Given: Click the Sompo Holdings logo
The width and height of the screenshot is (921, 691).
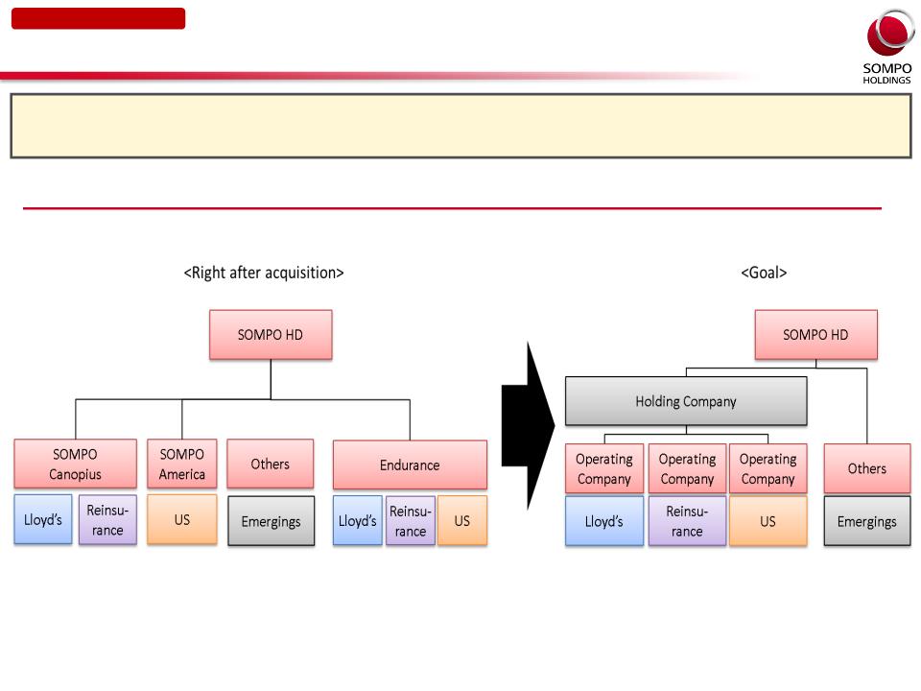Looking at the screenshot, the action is tap(887, 47).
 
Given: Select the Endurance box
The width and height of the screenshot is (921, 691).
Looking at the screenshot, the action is tap(410, 465).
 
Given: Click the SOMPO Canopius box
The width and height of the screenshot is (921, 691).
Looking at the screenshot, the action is tap(75, 464).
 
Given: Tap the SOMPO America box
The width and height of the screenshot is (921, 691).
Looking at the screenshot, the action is tap(182, 464).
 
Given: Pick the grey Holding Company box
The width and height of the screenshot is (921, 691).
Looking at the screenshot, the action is tap(686, 401).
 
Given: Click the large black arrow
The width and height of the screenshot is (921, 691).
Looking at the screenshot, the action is tap(528, 425).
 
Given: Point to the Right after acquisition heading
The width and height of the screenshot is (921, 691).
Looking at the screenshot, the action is tap(264, 273).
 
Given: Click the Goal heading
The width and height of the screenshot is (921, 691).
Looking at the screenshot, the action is tap(764, 273).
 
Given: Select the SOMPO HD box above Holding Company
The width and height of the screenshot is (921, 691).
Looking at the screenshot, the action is tap(815, 334).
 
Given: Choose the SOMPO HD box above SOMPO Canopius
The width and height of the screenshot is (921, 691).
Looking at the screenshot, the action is tap(271, 334).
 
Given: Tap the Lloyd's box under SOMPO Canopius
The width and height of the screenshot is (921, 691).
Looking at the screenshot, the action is tap(43, 519).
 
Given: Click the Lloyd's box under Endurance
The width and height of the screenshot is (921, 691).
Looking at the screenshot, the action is tap(357, 520).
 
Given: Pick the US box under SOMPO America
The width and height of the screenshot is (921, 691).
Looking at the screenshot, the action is tap(182, 519).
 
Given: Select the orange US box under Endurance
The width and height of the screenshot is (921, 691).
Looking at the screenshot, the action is tap(462, 520).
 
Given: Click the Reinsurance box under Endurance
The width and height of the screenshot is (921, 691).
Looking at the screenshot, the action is tap(410, 520).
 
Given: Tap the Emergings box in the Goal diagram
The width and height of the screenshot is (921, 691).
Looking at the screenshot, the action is tap(867, 521).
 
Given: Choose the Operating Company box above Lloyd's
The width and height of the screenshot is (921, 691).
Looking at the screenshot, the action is tap(604, 468).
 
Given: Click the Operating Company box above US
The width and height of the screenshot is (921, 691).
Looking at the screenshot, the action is tap(768, 468).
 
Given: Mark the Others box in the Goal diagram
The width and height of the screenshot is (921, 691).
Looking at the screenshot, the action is tap(867, 468).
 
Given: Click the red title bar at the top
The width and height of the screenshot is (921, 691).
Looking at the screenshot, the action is tap(98, 18).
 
